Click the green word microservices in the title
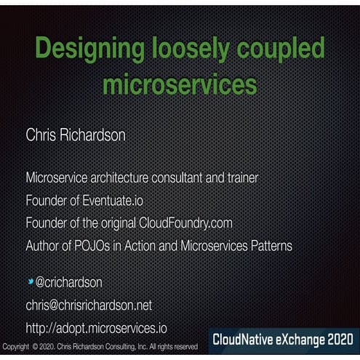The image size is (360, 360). [x=180, y=84]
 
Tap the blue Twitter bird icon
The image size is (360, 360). [x=30, y=281]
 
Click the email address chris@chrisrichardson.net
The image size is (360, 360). [x=89, y=305]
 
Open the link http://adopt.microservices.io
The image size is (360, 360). [x=97, y=328]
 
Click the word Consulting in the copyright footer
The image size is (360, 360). [x=125, y=347]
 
